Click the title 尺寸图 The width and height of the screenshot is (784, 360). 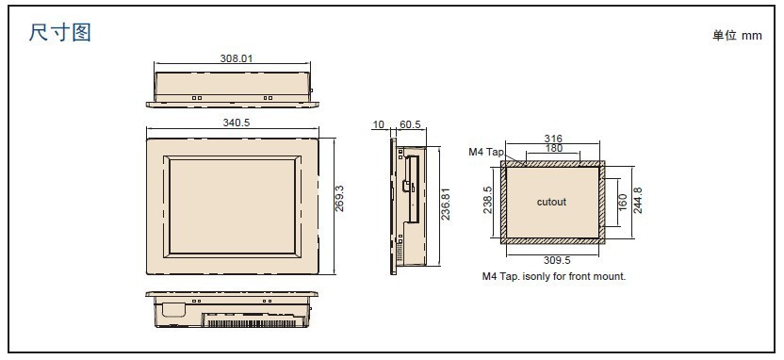point(60,33)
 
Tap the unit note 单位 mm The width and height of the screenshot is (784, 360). point(737,36)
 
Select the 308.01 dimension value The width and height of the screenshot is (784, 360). point(237,58)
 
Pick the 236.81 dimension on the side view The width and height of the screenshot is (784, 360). point(446,204)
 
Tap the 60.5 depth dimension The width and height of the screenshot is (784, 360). point(410,124)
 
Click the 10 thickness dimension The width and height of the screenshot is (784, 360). point(379,124)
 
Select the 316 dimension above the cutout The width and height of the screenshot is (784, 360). point(553,139)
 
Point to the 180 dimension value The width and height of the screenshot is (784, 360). point(553,148)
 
